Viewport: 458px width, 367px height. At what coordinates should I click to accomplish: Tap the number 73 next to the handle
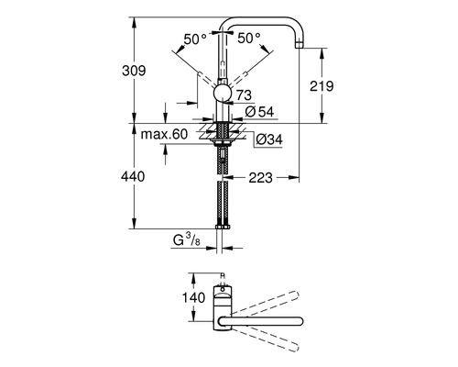pos(243,95)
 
